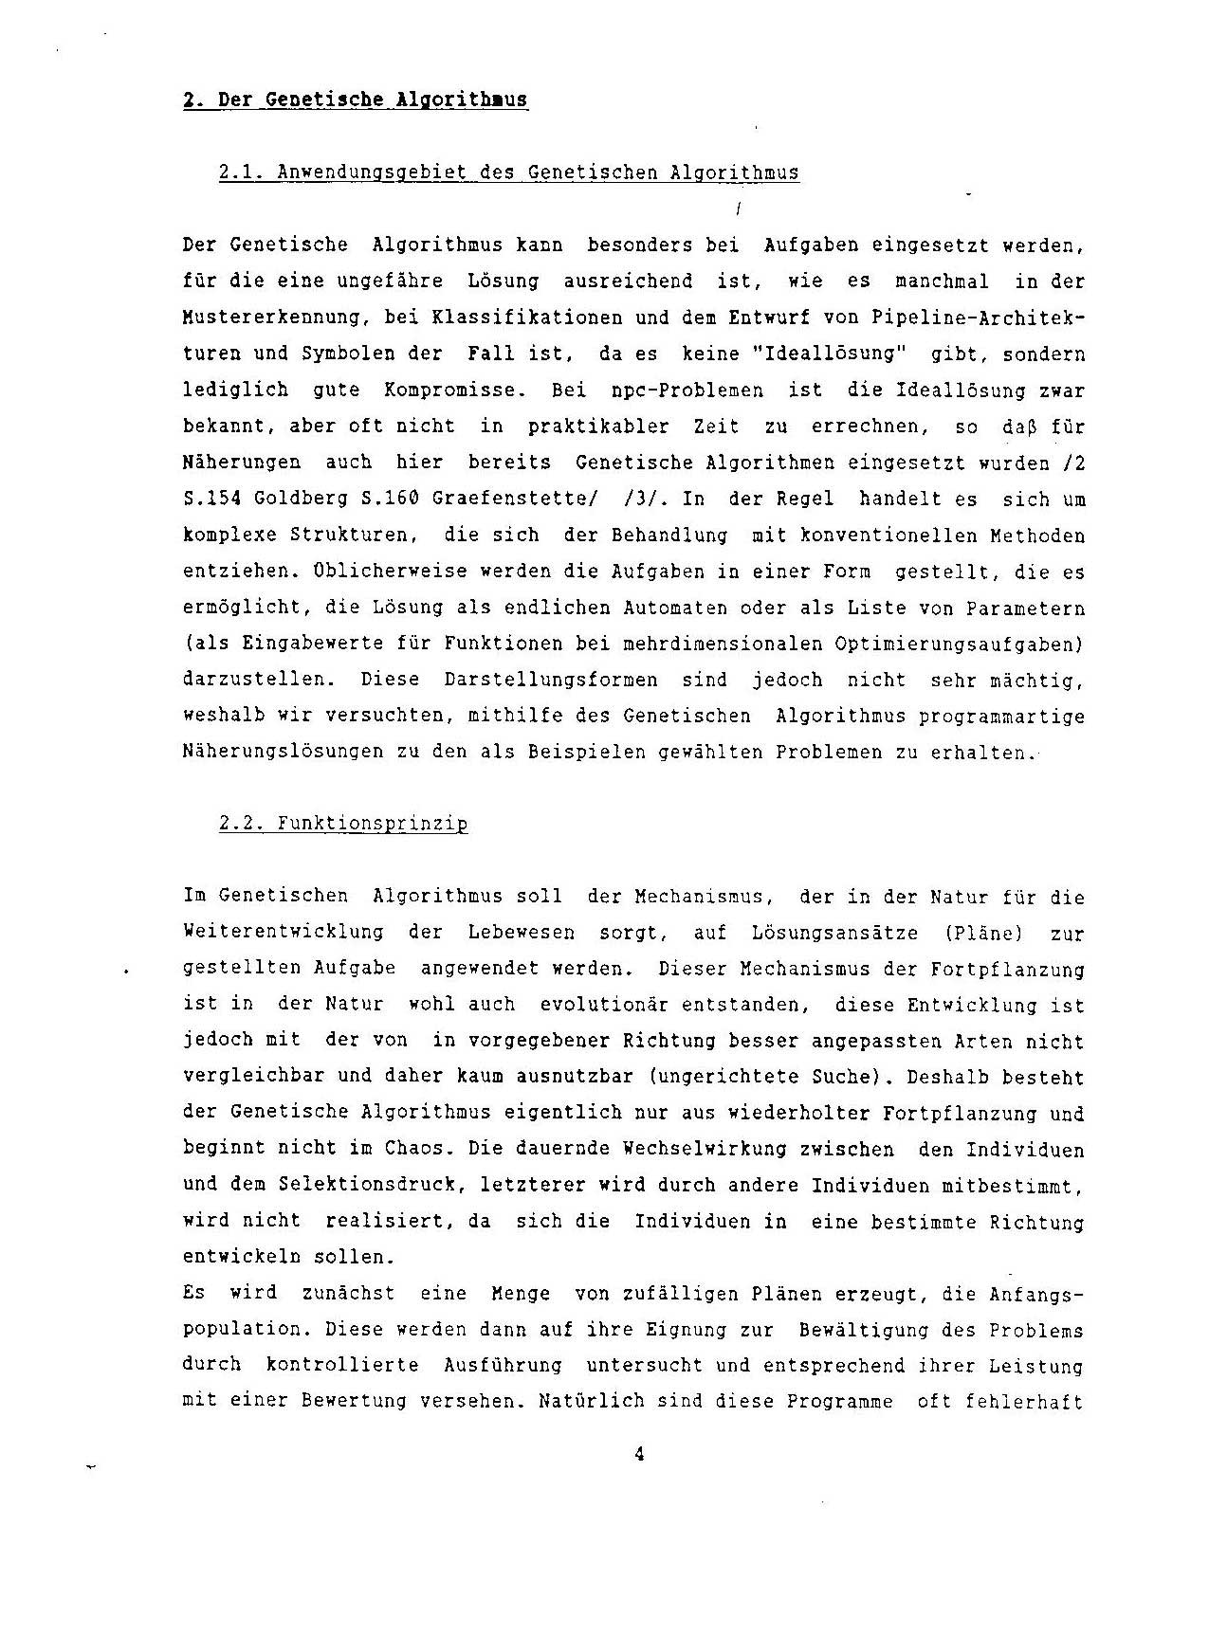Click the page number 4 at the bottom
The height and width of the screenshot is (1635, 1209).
(639, 1454)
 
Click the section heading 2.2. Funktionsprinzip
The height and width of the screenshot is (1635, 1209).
(343, 824)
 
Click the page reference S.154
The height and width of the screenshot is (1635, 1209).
(211, 499)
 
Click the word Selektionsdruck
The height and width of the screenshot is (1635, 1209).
(372, 1185)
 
